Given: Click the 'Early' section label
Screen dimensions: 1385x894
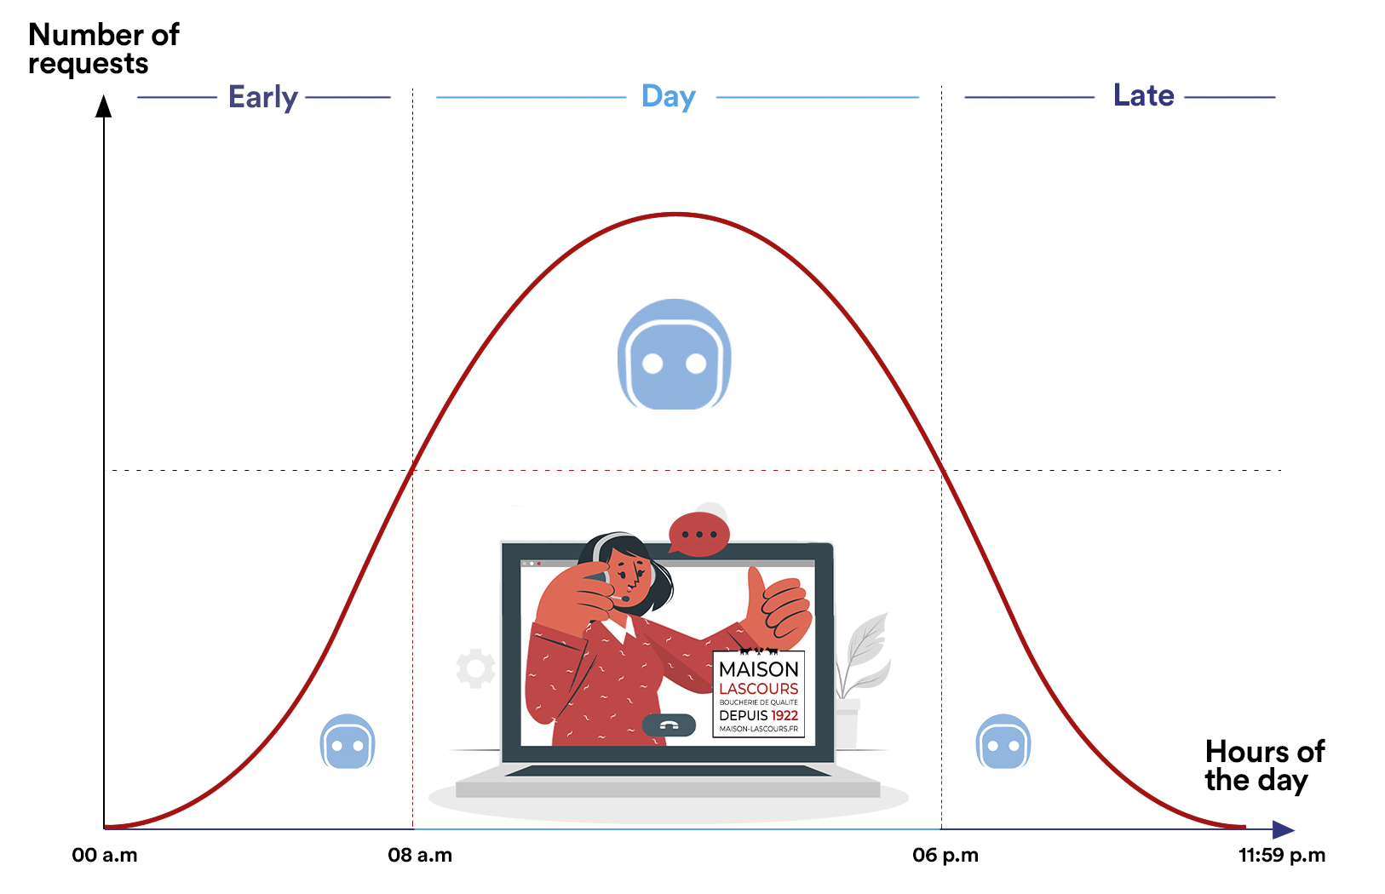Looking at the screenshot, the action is [x=263, y=97].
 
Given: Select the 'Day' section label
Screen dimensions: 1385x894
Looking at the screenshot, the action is [x=669, y=96].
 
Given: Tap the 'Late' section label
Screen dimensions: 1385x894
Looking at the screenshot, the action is [x=1143, y=95].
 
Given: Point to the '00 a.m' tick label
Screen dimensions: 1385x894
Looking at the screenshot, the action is [x=105, y=855].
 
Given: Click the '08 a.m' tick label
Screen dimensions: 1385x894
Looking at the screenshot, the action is [x=420, y=855].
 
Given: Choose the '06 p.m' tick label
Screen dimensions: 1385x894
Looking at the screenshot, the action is [x=945, y=855].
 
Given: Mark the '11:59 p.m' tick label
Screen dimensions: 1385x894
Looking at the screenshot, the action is [x=1282, y=855].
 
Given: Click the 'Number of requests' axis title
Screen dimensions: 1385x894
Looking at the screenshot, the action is [x=103, y=49].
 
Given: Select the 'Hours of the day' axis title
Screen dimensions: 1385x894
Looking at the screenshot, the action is [x=1264, y=765].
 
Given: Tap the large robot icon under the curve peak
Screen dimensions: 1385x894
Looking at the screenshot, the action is [x=675, y=354].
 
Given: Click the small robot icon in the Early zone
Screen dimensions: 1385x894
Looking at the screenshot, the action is [x=348, y=742].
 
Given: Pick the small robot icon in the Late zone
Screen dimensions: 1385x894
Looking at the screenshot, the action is [x=1003, y=742].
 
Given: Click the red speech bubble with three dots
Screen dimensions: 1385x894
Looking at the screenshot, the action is [x=698, y=534].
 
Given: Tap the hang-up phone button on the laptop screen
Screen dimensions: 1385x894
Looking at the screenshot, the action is [x=669, y=725].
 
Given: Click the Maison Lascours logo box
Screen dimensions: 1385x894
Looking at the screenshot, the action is [x=759, y=694].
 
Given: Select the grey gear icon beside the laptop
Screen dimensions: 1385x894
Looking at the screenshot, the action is [x=475, y=668].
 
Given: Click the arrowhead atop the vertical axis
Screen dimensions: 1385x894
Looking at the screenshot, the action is [x=103, y=106].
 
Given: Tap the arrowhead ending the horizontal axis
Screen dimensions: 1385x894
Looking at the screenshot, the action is [x=1284, y=829].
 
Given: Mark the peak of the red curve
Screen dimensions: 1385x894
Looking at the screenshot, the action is [x=675, y=215].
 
